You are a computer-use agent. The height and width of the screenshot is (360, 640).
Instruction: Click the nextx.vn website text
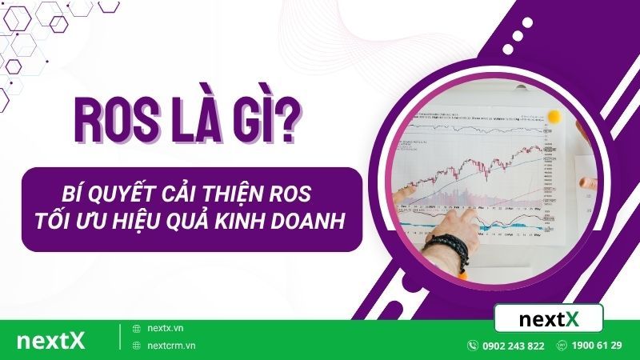click(x=166, y=329)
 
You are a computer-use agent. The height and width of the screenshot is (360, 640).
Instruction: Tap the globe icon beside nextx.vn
click(x=136, y=329)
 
